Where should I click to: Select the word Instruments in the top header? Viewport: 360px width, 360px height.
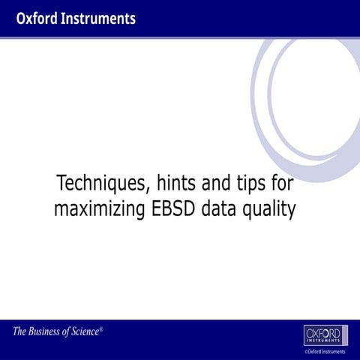98,18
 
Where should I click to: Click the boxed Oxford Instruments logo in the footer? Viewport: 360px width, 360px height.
325,334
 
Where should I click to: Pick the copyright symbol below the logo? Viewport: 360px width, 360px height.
305,351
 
